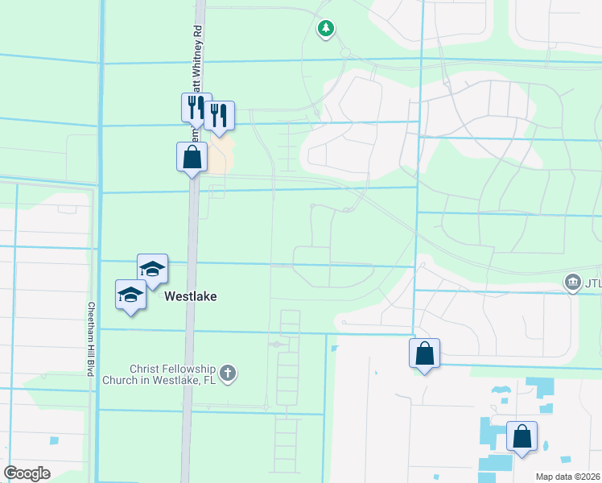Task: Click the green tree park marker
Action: click(325, 30)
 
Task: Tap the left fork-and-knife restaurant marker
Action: click(196, 107)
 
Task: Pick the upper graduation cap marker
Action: click(151, 270)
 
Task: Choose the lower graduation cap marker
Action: click(130, 295)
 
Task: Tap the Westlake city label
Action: click(191, 296)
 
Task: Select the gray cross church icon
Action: click(229, 373)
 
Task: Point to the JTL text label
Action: click(592, 283)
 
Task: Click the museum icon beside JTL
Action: click(572, 282)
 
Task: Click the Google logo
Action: click(27, 473)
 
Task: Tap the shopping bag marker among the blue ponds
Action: click(522, 436)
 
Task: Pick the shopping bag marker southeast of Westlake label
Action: click(424, 353)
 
